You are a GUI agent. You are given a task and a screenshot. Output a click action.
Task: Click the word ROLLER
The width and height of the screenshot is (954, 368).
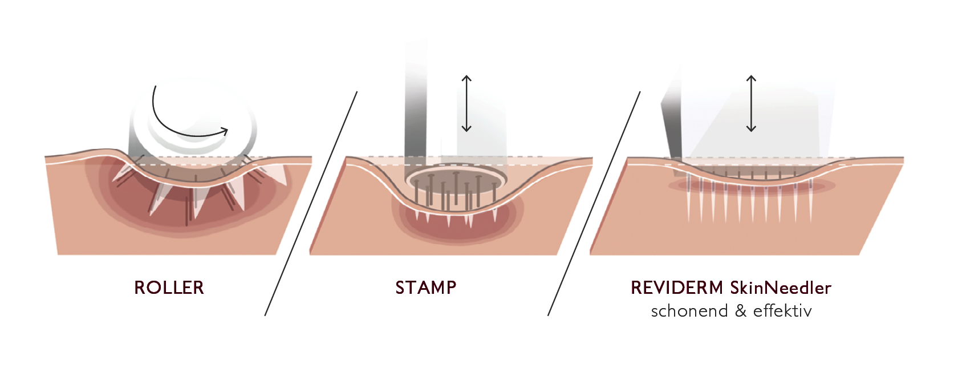click(169, 288)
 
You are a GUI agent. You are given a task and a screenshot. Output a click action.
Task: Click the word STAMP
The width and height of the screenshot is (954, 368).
click(425, 288)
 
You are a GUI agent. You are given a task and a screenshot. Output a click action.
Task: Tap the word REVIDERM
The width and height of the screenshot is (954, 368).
click(676, 288)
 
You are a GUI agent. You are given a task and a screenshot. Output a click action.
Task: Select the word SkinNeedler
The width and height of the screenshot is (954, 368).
click(780, 288)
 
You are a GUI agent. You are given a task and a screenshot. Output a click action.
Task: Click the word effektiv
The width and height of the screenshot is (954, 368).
click(782, 311)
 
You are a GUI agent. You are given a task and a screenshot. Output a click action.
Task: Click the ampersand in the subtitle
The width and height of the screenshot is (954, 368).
click(741, 311)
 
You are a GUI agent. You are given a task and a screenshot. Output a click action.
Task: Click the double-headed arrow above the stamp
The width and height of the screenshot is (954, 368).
click(466, 103)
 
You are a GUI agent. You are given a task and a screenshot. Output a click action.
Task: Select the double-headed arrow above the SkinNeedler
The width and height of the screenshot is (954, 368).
click(751, 103)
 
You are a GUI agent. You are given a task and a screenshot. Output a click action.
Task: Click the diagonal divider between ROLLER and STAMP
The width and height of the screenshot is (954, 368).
click(311, 203)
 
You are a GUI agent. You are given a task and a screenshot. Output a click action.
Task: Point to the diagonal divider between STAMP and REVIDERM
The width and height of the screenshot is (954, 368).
click(594, 203)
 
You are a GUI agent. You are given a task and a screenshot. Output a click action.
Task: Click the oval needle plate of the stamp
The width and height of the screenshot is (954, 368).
click(456, 177)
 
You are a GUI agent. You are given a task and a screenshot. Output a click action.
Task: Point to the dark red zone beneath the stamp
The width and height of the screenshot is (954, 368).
click(456, 228)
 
